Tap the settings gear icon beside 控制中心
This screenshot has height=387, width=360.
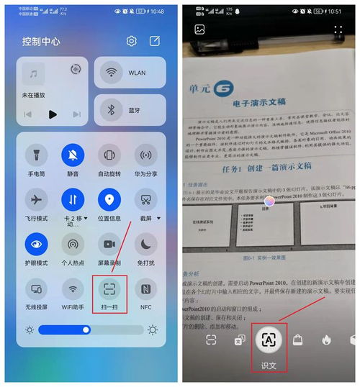(x=131, y=41)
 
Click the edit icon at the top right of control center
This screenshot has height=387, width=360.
(x=156, y=41)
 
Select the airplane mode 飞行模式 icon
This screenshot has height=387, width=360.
(x=36, y=199)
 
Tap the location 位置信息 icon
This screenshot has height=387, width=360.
(x=109, y=199)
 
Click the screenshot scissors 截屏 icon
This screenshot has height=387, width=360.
(x=146, y=199)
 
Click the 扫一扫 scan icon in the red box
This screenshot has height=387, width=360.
(x=109, y=289)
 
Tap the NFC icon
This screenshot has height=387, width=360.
(x=146, y=289)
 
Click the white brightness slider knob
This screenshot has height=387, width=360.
(x=86, y=329)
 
